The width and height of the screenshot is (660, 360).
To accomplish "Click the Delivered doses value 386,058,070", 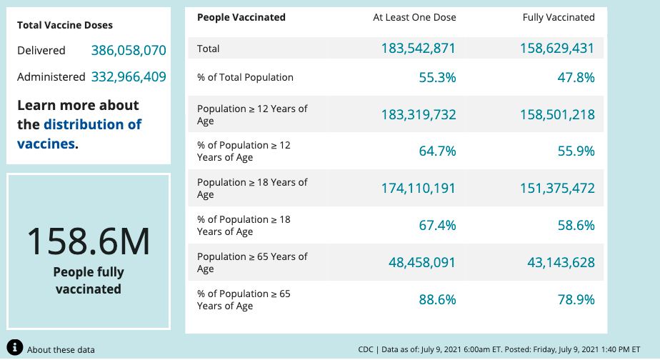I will click(129, 51).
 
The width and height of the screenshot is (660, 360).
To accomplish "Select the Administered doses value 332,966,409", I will click(129, 76).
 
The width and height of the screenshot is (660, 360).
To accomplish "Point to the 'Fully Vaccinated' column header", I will click(559, 17).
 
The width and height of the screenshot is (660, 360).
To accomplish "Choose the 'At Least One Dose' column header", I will click(414, 17).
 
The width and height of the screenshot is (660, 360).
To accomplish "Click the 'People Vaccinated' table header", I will click(241, 17).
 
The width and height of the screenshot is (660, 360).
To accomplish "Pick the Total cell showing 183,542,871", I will click(418, 49).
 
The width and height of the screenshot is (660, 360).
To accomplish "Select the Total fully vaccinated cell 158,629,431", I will click(557, 49).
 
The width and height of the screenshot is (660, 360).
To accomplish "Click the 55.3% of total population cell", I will click(437, 77).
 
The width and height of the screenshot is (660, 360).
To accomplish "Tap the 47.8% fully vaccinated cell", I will click(576, 77).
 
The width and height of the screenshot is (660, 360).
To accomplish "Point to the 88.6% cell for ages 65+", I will click(437, 300).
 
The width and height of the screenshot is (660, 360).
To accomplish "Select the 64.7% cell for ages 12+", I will click(437, 151).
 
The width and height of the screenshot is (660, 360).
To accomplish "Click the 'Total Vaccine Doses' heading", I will click(65, 25).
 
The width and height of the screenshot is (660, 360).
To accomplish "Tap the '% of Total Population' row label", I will click(245, 77).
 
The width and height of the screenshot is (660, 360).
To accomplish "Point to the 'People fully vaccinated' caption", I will click(89, 281).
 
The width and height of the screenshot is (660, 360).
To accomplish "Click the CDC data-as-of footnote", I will click(499, 349).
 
